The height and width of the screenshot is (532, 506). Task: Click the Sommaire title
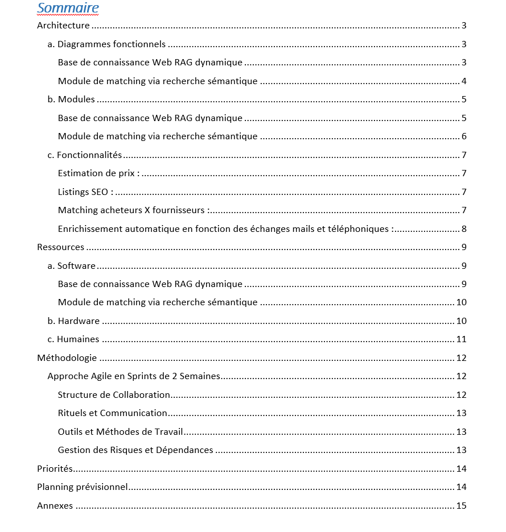pos(68,8)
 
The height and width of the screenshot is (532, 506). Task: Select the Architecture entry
pos(63,26)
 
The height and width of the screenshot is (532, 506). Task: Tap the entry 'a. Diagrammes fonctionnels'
pos(106,44)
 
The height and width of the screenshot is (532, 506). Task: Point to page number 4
pos(464,81)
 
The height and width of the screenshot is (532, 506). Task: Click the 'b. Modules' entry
pos(71,99)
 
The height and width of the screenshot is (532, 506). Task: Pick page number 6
pos(464,136)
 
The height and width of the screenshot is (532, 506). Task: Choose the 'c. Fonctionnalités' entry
pos(85,155)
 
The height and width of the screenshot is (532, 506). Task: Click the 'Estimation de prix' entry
pos(98,173)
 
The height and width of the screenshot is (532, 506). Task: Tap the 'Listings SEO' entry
pos(85,192)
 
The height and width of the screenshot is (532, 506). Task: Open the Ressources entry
pos(60,247)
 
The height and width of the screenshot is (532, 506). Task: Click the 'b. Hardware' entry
pos(73,321)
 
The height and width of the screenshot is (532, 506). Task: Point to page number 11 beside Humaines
pos(461,339)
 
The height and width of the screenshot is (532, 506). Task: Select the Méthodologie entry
pos(67,358)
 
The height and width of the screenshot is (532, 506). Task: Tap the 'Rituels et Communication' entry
pos(113,413)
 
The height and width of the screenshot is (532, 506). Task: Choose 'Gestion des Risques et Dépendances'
pos(135,450)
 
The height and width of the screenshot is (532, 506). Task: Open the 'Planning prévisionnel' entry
pos(82,487)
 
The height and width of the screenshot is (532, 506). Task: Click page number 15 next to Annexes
pos(461,506)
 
